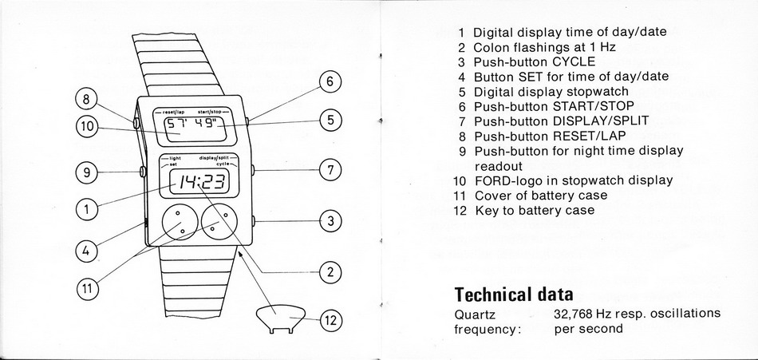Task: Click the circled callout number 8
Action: coord(86,100)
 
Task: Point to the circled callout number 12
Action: coord(330,321)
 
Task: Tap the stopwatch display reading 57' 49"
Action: coord(195,125)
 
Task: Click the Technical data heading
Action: coord(513,293)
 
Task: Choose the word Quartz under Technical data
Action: coord(474,313)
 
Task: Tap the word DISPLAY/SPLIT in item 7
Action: coord(601,121)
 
